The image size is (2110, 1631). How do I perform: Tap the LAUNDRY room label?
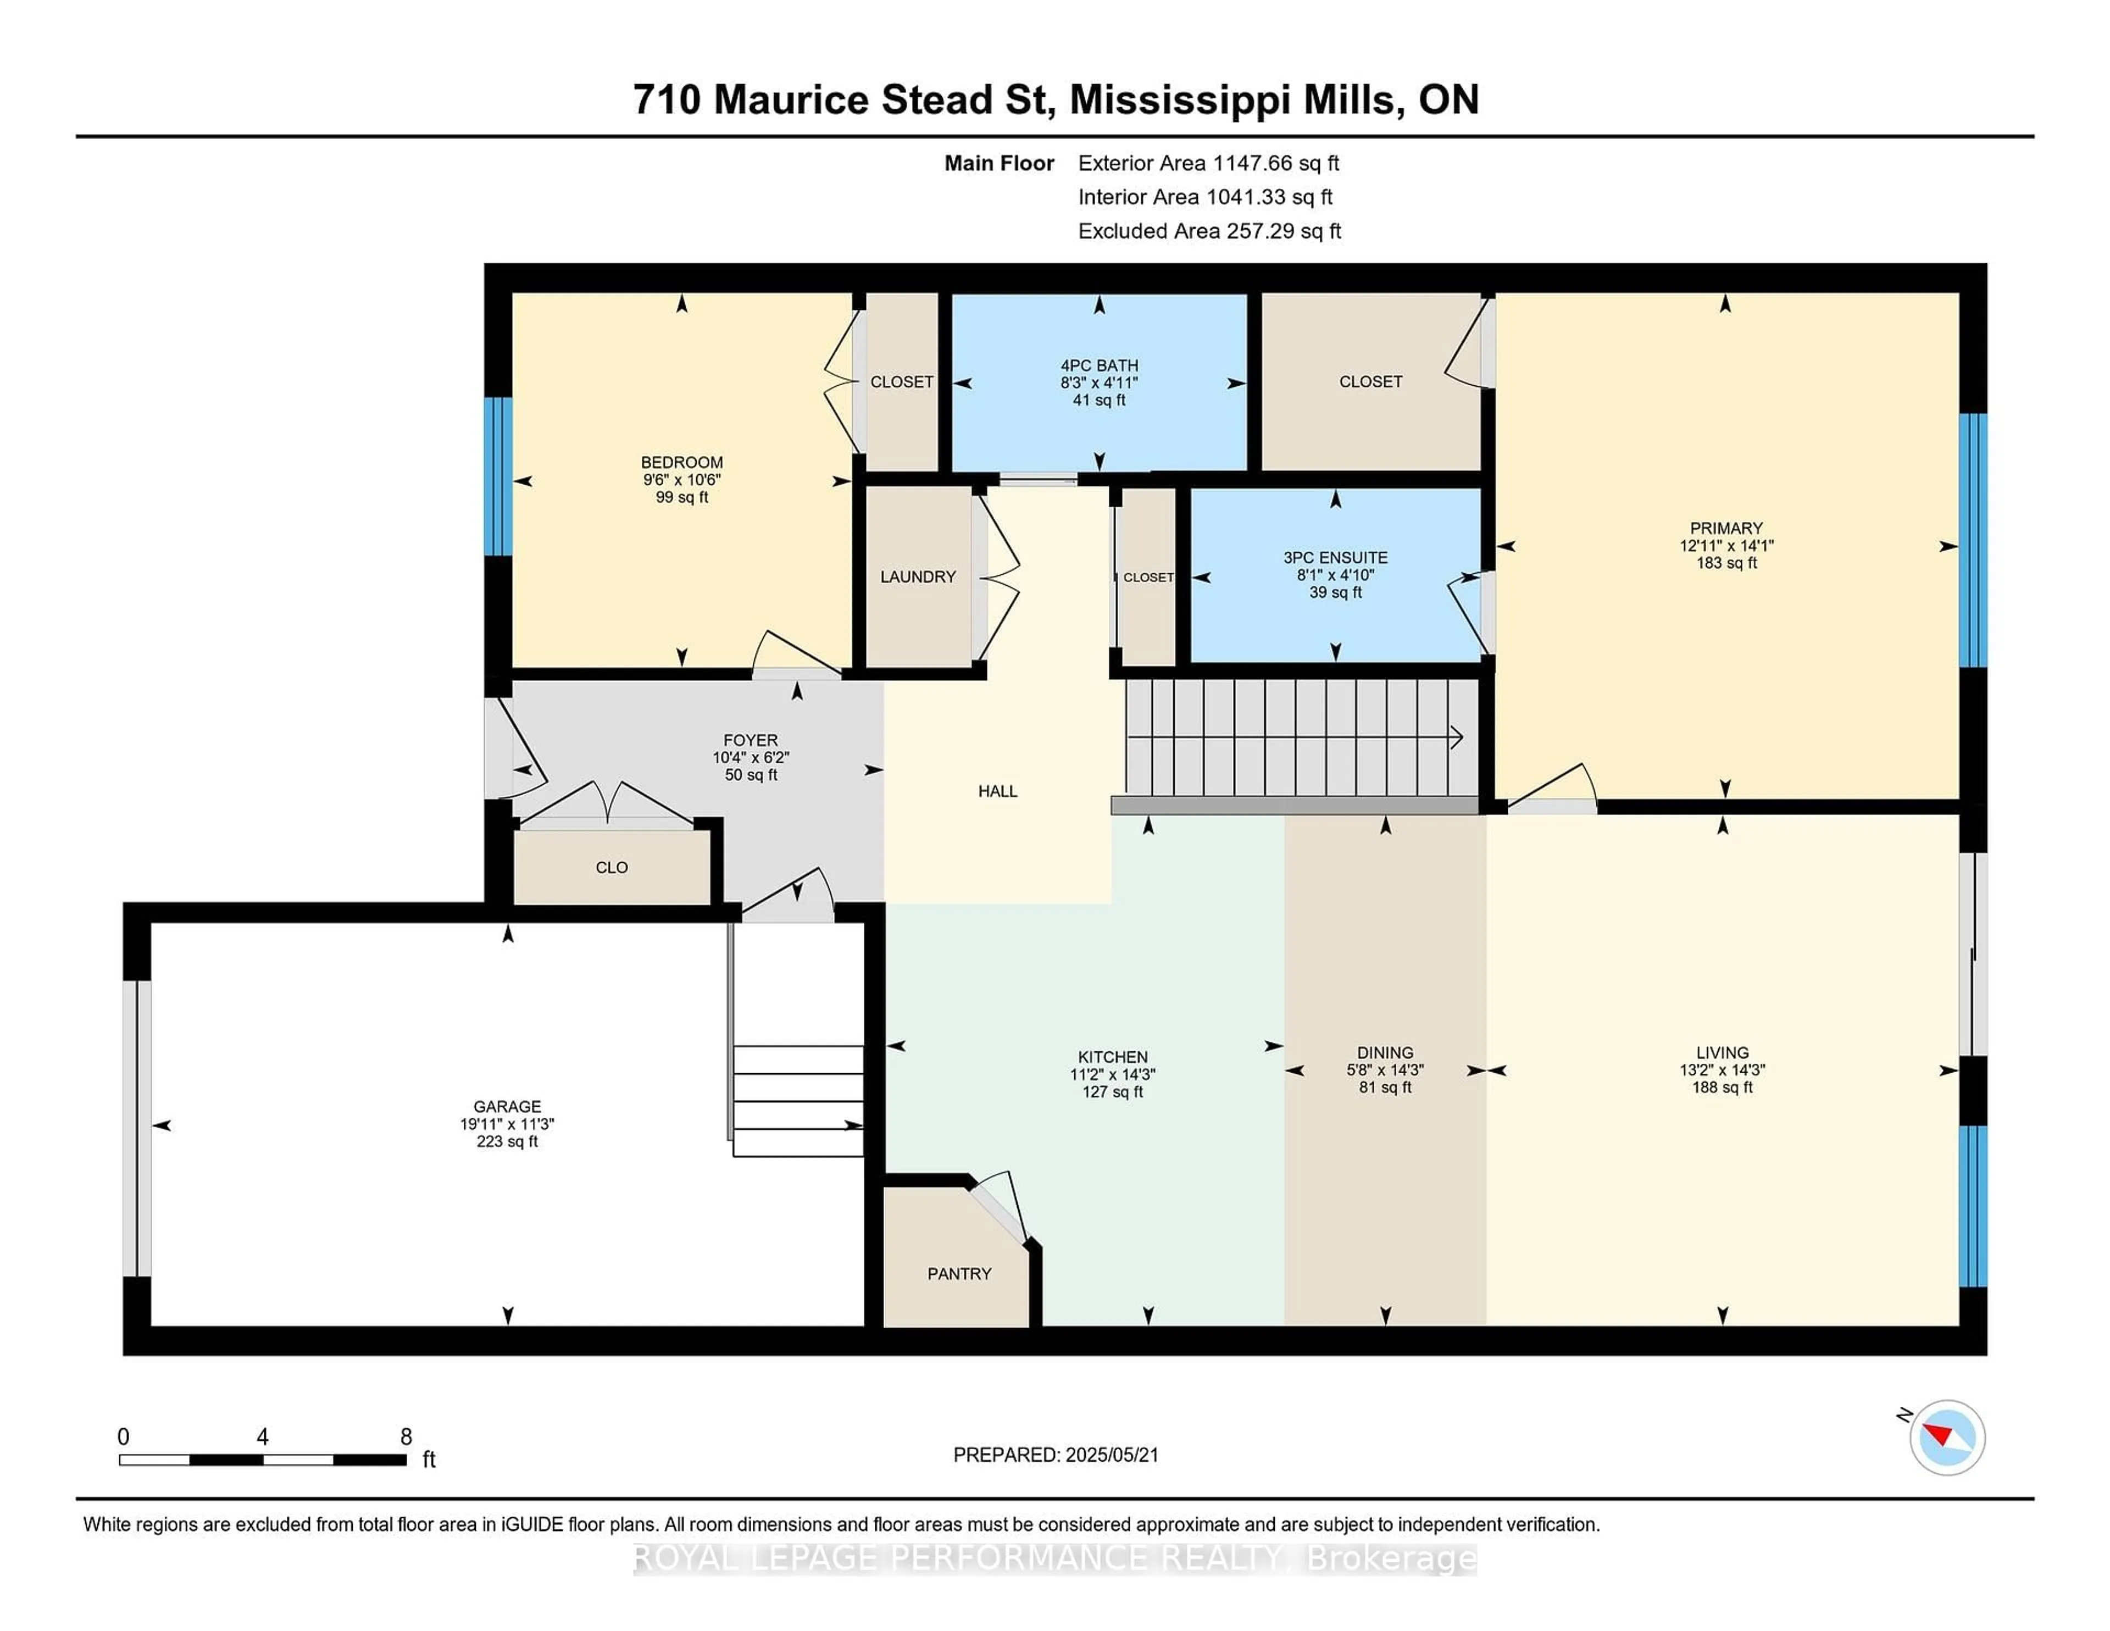click(918, 577)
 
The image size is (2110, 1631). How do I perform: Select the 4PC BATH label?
click(1100, 365)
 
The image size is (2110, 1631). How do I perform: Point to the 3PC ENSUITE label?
click(1335, 558)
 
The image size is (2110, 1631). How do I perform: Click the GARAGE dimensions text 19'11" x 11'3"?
click(507, 1124)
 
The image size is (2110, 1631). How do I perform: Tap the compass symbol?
click(1947, 1437)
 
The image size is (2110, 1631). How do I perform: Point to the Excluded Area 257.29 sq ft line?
click(1209, 231)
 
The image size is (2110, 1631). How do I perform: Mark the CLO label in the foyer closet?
click(612, 868)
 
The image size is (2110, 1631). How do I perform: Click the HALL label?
click(997, 791)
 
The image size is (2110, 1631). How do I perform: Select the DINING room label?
click(1385, 1052)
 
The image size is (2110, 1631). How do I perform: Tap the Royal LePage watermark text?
click(1055, 1558)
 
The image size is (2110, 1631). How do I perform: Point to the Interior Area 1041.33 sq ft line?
click(1205, 197)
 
